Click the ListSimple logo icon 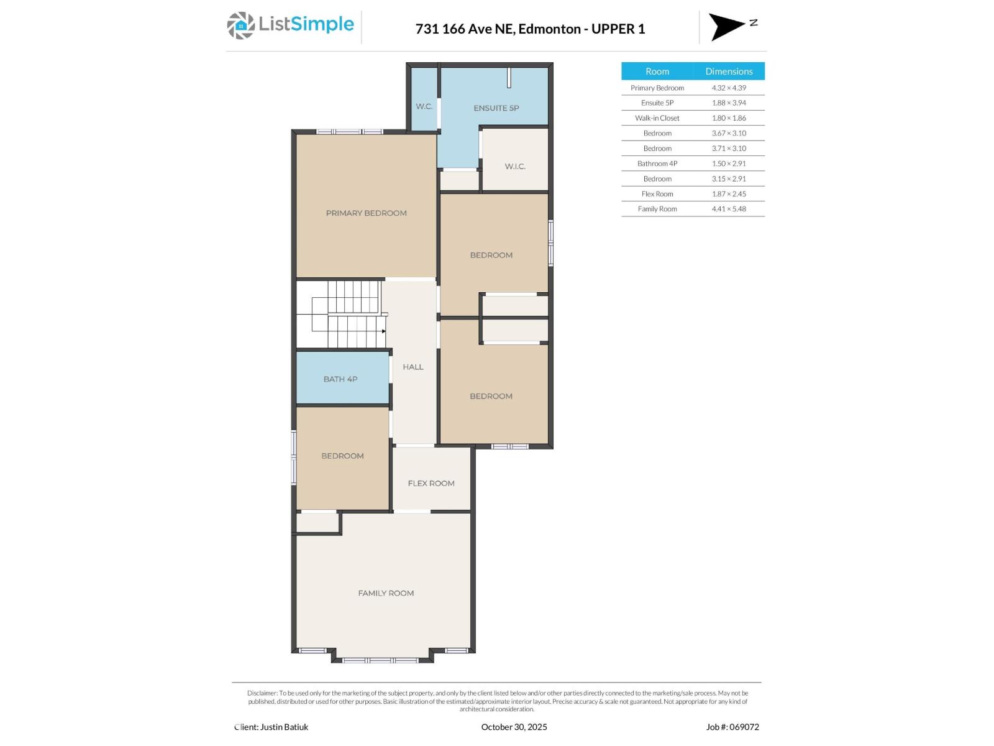240,25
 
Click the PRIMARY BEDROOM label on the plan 366,213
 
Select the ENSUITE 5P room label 496,108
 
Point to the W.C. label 424,107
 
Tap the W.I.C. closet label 515,167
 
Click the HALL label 413,367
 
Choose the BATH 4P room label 340,379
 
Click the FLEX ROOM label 431,484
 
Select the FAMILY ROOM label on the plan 385,594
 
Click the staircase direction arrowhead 384,331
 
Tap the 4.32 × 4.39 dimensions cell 728,88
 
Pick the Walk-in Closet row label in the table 657,118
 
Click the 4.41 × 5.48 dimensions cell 728,209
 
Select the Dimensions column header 728,71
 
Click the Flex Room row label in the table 657,194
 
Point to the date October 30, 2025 514,727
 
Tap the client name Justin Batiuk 284,727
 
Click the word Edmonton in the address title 549,29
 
